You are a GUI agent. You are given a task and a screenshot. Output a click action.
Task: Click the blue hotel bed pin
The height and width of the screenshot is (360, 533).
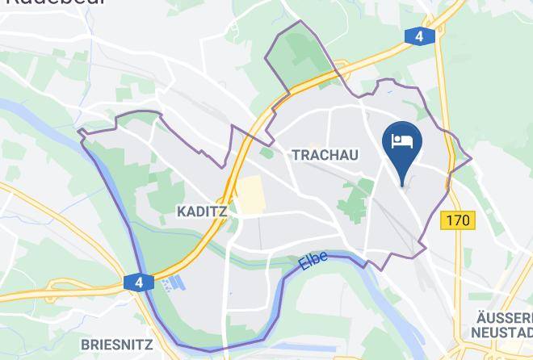click(402, 145)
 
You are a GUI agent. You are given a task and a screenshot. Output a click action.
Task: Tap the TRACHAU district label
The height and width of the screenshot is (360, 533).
click(325, 154)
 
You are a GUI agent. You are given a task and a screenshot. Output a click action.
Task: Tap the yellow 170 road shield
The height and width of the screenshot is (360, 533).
click(458, 219)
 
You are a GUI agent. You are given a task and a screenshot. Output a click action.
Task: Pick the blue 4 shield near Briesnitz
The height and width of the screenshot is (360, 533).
click(139, 283)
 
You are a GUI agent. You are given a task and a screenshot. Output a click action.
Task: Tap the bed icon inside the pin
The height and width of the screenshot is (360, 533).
click(402, 140)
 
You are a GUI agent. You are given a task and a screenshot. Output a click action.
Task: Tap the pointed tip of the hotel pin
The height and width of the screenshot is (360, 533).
click(402, 184)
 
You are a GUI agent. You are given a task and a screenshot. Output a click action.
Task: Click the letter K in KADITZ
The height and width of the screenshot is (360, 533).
click(181, 211)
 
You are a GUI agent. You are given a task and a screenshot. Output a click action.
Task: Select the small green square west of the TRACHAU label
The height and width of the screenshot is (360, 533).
click(266, 153)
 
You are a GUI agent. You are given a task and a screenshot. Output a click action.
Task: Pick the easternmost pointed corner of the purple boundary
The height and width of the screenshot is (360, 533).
click(471, 157)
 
